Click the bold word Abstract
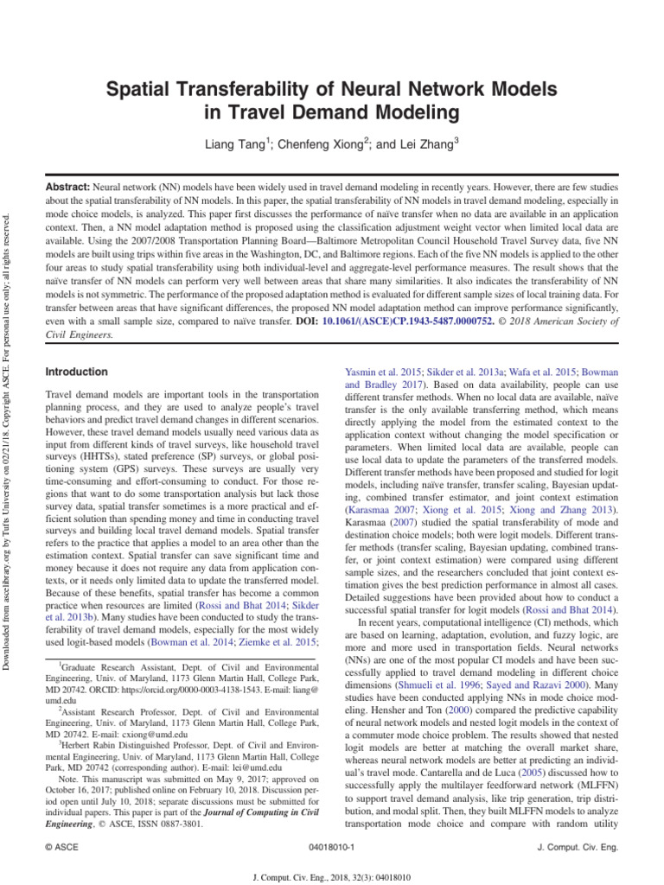(x=67, y=188)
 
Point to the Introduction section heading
(x=76, y=372)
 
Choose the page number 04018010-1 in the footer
(x=332, y=848)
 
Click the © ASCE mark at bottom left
(x=61, y=848)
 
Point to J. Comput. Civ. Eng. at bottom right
(x=578, y=848)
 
